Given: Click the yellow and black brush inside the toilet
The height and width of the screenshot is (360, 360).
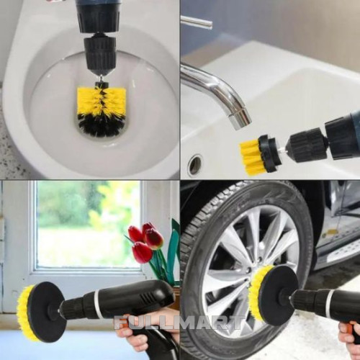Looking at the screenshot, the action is tap(102, 111).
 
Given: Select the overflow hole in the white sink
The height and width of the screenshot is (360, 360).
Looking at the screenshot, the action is tap(195, 165).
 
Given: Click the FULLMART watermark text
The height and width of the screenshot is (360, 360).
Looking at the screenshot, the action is tap(178, 323).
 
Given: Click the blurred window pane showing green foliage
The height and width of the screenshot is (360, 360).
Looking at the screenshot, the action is tap(89, 224).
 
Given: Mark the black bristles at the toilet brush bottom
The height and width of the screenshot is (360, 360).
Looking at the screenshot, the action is tap(102, 126).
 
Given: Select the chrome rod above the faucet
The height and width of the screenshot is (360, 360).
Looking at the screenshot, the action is tap(197, 22).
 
